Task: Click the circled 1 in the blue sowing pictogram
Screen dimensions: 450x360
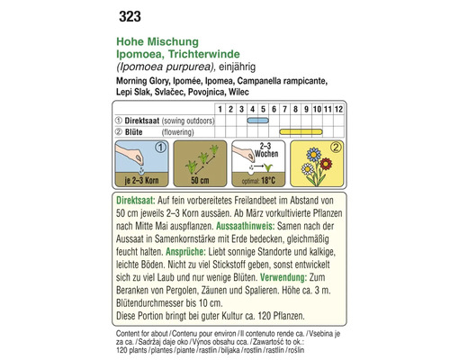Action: pos(159,147)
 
